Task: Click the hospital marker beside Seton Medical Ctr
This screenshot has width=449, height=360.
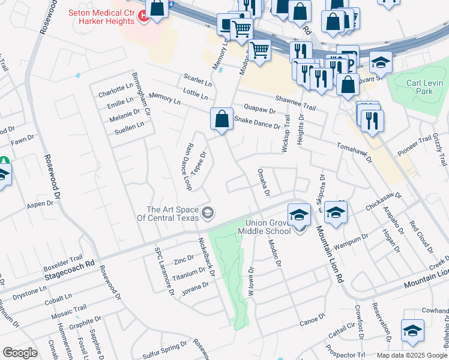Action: pyautogui.click(x=143, y=17)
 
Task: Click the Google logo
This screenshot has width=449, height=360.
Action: pyautogui.click(x=20, y=353)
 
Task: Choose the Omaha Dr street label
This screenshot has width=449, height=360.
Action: pyautogui.click(x=264, y=182)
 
